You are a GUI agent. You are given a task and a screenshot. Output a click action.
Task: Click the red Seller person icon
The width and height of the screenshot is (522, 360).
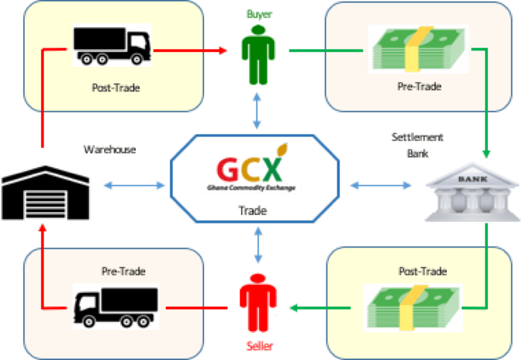click(x=258, y=305)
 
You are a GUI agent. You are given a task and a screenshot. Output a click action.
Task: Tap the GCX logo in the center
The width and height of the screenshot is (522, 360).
click(x=251, y=167)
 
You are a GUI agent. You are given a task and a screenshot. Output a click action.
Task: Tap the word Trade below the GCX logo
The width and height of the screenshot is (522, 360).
click(x=253, y=210)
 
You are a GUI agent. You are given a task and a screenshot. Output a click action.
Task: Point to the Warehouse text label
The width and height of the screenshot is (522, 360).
click(x=110, y=149)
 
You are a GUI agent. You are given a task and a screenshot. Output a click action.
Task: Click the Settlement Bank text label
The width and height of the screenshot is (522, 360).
click(x=417, y=144)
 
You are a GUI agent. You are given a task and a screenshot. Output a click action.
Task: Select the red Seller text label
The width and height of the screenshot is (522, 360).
click(x=258, y=345)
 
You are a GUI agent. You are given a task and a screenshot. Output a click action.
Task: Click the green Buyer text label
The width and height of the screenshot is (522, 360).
click(x=258, y=12)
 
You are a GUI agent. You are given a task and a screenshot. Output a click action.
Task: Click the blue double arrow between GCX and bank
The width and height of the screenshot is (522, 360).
click(x=378, y=185)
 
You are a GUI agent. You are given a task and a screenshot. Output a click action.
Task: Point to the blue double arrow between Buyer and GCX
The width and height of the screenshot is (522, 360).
click(x=258, y=112)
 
